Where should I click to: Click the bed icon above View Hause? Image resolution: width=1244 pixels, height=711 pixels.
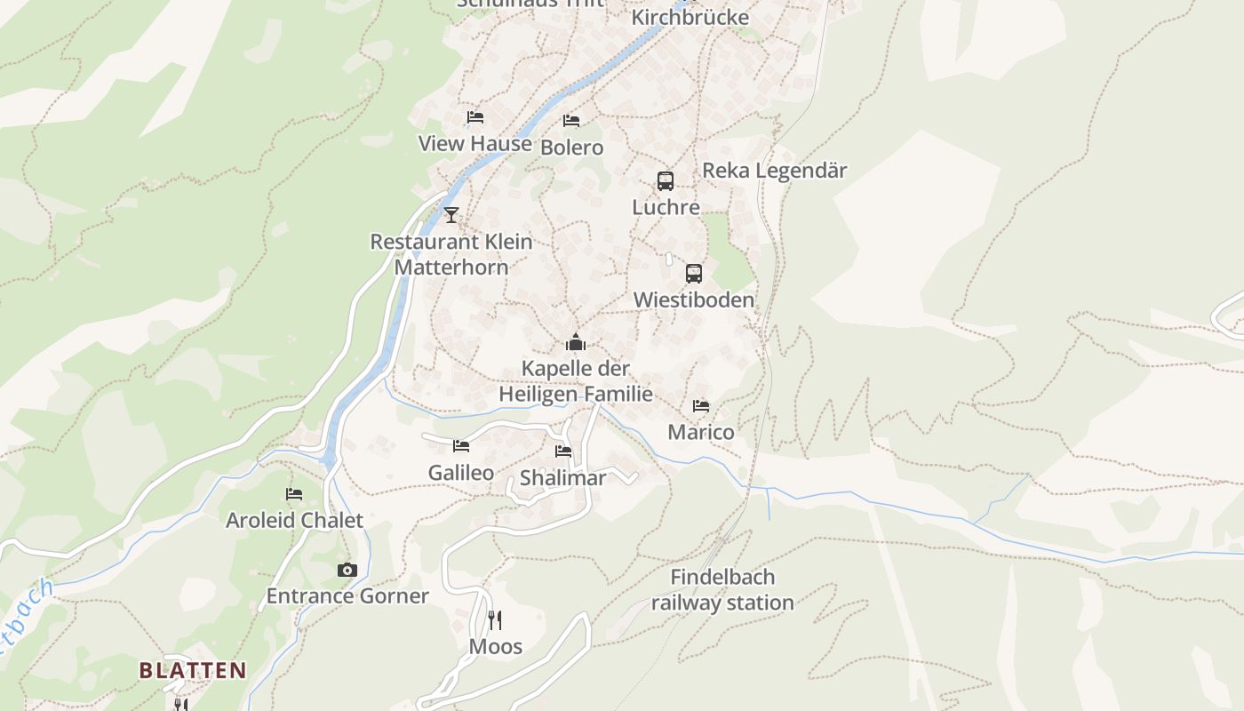[475, 117]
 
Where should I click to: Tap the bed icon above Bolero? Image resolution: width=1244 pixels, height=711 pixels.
[571, 121]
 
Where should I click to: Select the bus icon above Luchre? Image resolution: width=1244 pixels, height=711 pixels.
[666, 181]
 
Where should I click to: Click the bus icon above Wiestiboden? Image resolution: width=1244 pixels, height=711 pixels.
[694, 274]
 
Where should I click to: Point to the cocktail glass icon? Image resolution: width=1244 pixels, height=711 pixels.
[451, 214]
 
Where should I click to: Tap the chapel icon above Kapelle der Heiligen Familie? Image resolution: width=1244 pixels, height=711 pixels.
[576, 342]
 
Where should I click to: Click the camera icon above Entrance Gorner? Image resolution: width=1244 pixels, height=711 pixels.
[347, 570]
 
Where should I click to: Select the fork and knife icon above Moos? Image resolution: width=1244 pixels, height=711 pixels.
[495, 619]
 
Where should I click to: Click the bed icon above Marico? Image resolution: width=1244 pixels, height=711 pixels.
[701, 406]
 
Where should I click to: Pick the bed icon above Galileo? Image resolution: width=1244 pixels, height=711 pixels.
[461, 446]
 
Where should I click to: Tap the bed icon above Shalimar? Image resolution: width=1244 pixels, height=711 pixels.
[563, 451]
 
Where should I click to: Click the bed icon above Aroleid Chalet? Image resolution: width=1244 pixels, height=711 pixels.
[294, 494]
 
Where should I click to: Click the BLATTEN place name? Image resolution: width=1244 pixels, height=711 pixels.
[193, 670]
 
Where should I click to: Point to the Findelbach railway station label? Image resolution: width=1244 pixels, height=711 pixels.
[722, 590]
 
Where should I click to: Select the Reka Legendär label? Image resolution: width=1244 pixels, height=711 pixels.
[775, 170]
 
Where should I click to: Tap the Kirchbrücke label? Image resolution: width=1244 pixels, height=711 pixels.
[690, 17]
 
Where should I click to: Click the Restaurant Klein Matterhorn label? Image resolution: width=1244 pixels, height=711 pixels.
[451, 254]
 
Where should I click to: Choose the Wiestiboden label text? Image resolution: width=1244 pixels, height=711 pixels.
[694, 300]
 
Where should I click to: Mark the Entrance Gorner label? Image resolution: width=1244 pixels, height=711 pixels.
[347, 595]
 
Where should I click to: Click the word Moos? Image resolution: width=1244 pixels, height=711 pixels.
[496, 646]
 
